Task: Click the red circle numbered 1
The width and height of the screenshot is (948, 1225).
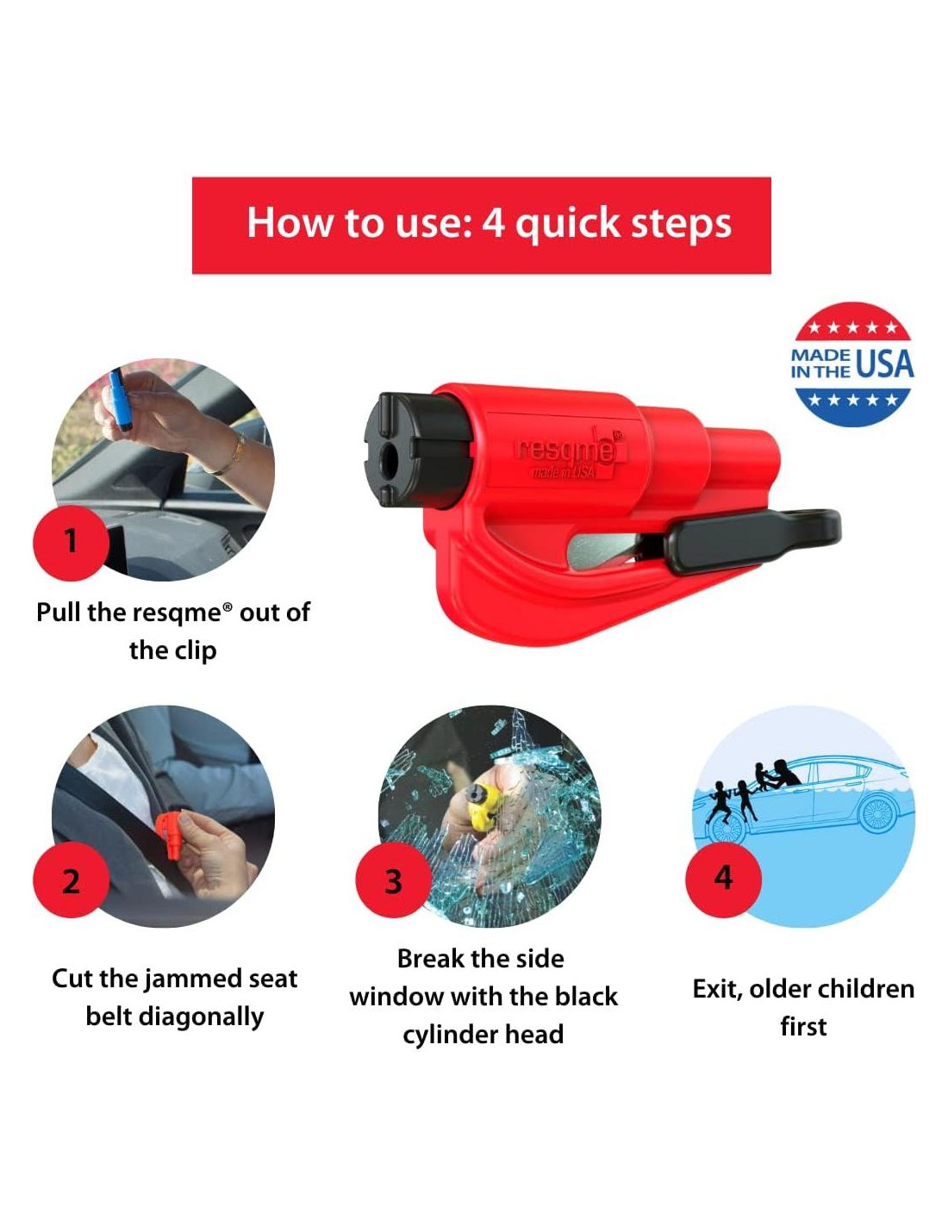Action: [x=71, y=542]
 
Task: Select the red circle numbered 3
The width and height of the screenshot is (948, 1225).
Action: [x=393, y=880]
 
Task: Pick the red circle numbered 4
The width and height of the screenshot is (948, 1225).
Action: [x=723, y=878]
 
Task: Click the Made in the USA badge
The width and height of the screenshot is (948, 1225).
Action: [x=852, y=364]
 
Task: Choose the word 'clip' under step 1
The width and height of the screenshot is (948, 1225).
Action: [x=196, y=651]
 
